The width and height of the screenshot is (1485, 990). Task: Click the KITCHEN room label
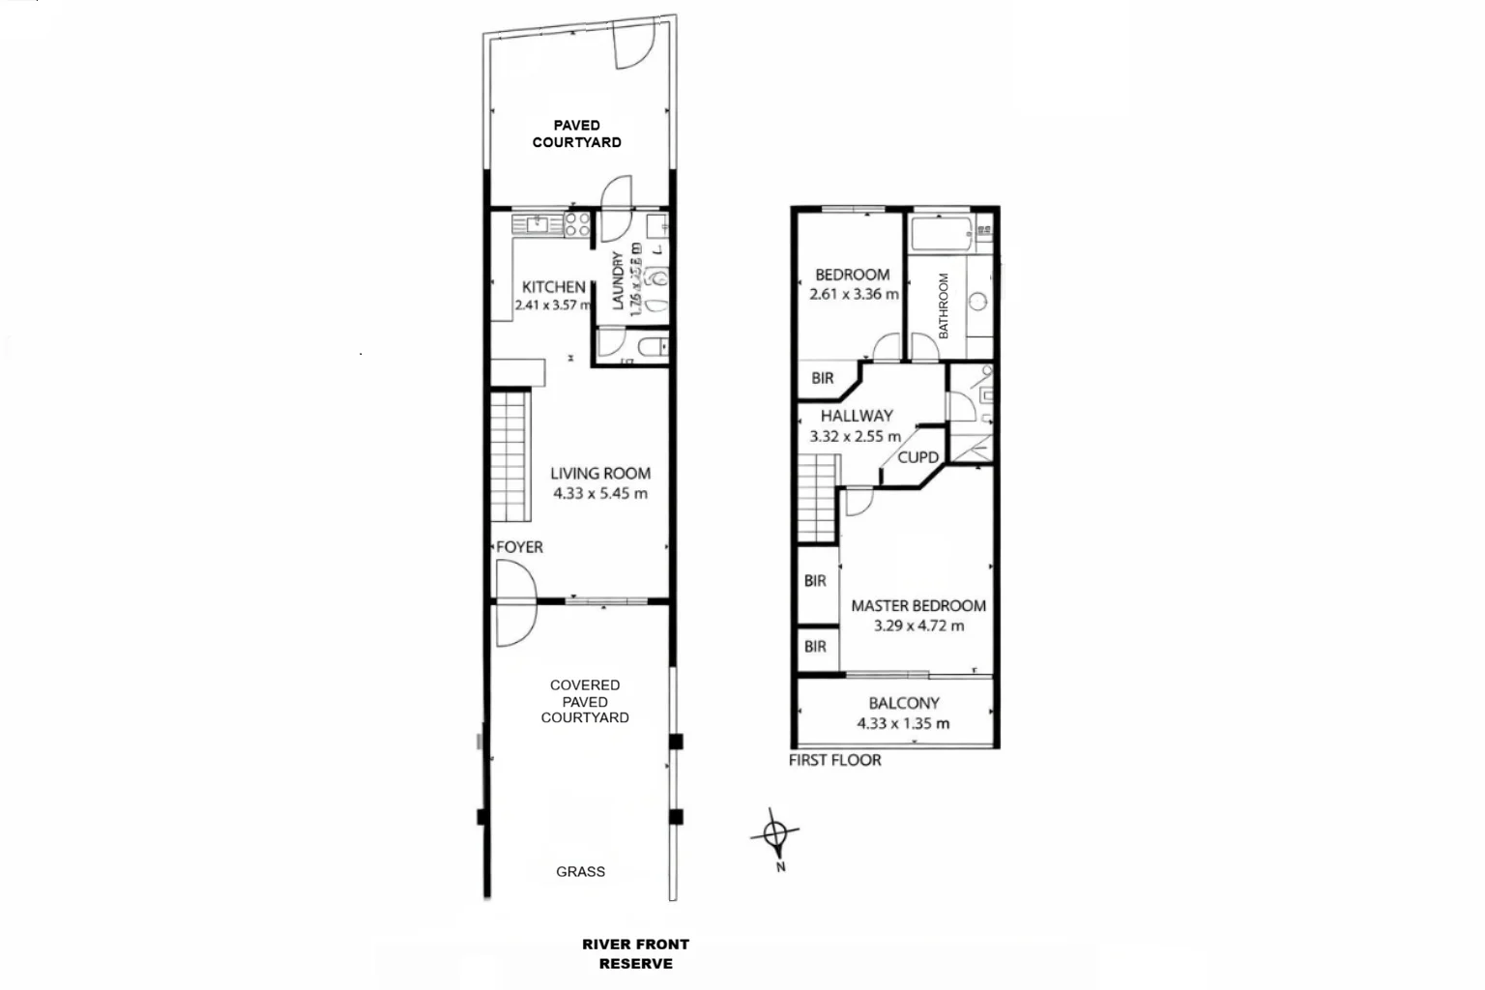[553, 287]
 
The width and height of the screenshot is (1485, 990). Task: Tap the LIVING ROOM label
[600, 473]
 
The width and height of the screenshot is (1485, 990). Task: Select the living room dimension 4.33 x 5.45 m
[600, 493]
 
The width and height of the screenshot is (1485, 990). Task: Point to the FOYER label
[519, 547]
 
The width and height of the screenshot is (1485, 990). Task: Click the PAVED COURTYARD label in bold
[577, 133]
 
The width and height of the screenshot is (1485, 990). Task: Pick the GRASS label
[580, 872]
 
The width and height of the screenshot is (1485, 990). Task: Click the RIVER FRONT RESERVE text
[635, 954]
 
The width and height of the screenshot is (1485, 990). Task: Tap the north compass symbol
[775, 833]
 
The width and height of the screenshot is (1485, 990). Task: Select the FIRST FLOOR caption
[834, 761]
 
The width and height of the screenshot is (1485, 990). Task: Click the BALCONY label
[903, 704]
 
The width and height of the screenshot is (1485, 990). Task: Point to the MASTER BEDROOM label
[918, 606]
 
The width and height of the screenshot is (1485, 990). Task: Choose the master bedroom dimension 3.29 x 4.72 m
[918, 626]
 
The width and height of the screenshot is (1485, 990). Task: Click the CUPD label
[917, 457]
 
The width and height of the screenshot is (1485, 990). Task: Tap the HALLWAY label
[857, 416]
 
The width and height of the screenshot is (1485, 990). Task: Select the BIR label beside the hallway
[822, 378]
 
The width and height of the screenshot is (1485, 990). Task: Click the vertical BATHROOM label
[944, 306]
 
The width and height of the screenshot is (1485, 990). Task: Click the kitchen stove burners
[577, 224]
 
